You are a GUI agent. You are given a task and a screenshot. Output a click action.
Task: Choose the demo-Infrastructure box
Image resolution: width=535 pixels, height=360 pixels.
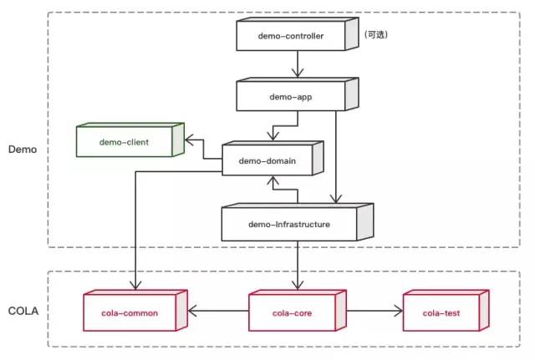pyautogui.click(x=289, y=224)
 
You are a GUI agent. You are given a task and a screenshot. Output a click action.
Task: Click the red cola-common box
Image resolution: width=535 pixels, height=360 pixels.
pyautogui.click(x=135, y=313)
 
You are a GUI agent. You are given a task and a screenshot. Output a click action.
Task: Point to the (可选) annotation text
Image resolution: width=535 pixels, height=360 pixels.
pyautogui.click(x=376, y=34)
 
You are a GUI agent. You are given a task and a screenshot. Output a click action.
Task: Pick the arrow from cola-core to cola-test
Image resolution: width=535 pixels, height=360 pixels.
pyautogui.click(x=373, y=313)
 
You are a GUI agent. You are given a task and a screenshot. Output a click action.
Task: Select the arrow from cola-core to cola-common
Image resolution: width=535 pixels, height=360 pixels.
pyautogui.click(x=219, y=313)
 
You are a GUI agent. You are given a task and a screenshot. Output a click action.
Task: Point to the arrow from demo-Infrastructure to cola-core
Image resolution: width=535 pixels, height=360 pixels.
pyautogui.click(x=297, y=266)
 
